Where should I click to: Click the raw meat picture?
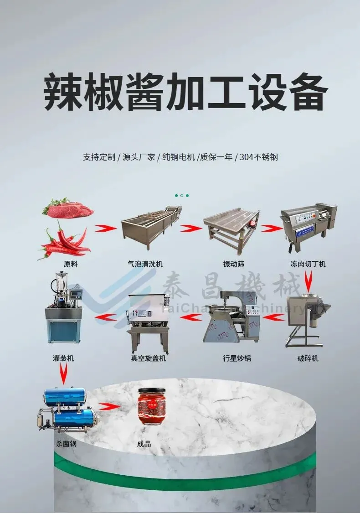tap(68, 208)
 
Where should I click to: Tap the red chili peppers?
tap(64, 241)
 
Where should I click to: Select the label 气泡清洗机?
tap(145, 264)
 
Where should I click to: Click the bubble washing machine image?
tap(151, 226)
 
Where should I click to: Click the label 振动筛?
tap(234, 264)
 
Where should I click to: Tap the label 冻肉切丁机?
tap(308, 264)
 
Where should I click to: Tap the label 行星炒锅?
tap(237, 358)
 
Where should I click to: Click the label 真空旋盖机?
tap(149, 358)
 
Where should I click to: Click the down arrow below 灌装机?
tap(63, 374)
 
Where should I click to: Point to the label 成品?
tap(144, 444)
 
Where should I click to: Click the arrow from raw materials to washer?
tap(105, 228)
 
